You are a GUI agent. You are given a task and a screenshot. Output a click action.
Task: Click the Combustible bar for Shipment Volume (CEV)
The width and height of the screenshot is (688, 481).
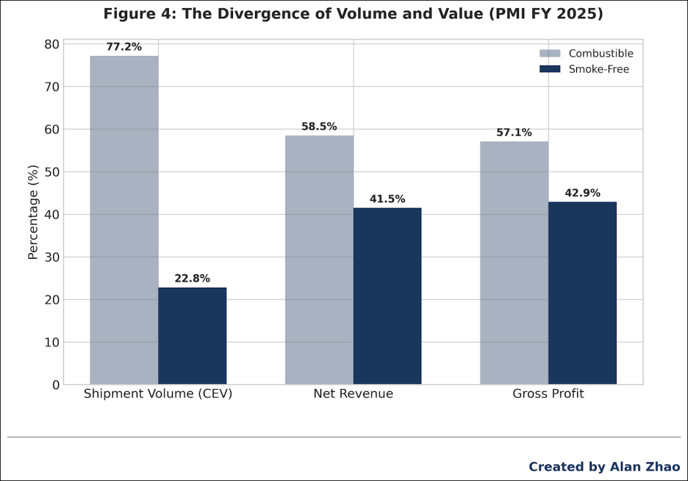[x=124, y=220]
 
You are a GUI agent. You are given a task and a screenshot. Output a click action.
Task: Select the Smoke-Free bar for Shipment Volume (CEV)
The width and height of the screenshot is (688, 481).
[x=193, y=336]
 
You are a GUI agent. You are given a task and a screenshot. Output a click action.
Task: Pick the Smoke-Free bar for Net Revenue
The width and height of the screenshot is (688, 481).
[x=387, y=296]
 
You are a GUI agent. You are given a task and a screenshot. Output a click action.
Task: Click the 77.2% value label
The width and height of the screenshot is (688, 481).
[x=124, y=47]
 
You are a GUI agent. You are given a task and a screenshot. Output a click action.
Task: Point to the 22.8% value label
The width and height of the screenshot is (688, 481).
[x=193, y=279]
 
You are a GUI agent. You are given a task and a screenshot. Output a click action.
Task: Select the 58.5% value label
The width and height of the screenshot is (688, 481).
[x=319, y=127]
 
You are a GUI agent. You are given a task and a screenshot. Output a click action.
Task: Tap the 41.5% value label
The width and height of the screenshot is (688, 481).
[x=387, y=199]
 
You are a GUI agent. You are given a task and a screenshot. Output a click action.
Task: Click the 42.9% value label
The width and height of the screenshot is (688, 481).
[x=582, y=193]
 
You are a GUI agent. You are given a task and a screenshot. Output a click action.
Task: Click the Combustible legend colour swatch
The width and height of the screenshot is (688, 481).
[x=550, y=54]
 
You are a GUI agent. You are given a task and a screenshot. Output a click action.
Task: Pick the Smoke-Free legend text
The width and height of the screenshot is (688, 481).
[x=599, y=69]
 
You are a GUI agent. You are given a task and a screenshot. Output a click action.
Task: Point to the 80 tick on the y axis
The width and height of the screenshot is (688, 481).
[x=51, y=44]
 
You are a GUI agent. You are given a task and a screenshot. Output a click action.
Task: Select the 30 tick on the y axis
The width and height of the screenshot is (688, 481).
[x=51, y=257]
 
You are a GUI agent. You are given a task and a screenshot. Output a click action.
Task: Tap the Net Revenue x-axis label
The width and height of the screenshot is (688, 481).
[x=353, y=394]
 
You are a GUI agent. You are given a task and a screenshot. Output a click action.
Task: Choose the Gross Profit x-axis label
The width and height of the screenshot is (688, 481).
[x=548, y=394]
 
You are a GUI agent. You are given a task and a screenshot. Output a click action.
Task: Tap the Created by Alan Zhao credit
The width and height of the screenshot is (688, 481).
[x=604, y=467]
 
